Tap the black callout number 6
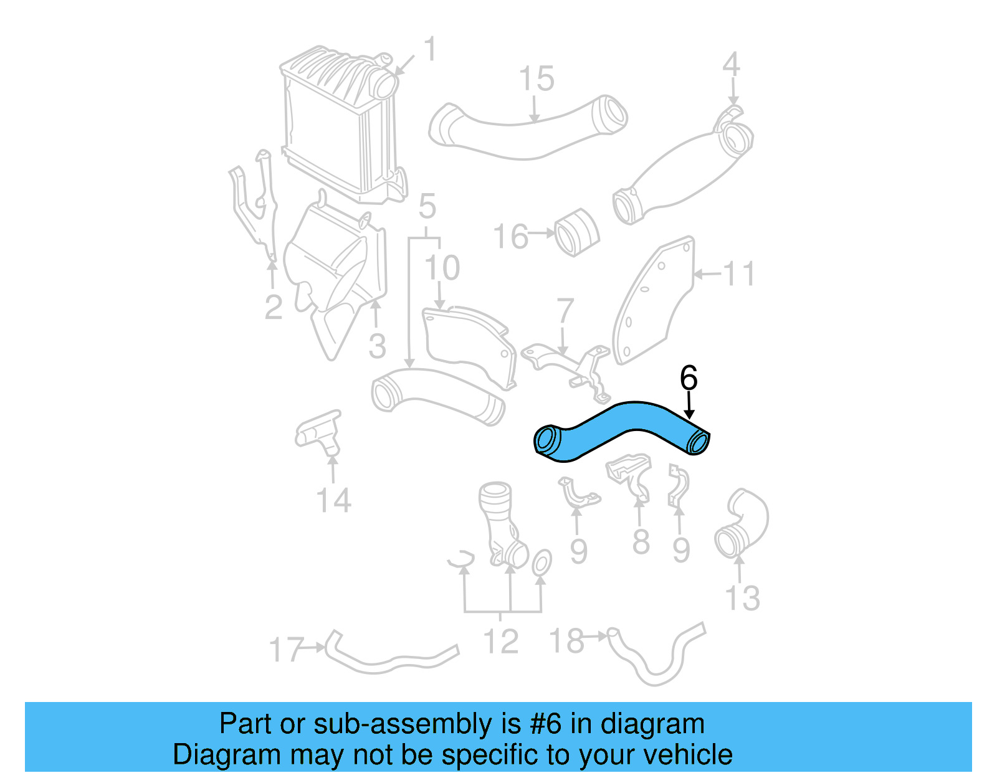point(688,378)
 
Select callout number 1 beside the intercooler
point(430,49)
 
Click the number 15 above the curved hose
point(536,79)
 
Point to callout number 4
point(731,65)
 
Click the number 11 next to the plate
point(739,274)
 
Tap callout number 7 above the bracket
point(565,311)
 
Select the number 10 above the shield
point(442,268)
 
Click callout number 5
point(427,206)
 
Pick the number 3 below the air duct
point(377,346)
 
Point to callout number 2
point(274,308)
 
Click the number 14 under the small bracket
point(333,500)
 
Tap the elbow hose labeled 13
point(742,523)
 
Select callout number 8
point(641,542)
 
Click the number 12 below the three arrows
point(501,642)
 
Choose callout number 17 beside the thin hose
point(285,650)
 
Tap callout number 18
point(566,640)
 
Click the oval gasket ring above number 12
point(541,562)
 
